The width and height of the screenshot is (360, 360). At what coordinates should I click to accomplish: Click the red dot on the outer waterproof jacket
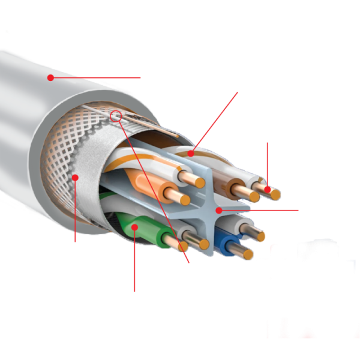(51, 77)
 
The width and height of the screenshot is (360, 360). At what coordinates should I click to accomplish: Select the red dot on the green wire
(136, 226)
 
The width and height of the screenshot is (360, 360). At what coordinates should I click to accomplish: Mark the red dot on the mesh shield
(76, 176)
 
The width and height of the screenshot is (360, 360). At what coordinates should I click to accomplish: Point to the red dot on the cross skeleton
(220, 209)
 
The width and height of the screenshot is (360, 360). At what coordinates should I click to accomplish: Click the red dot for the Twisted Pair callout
(191, 154)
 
